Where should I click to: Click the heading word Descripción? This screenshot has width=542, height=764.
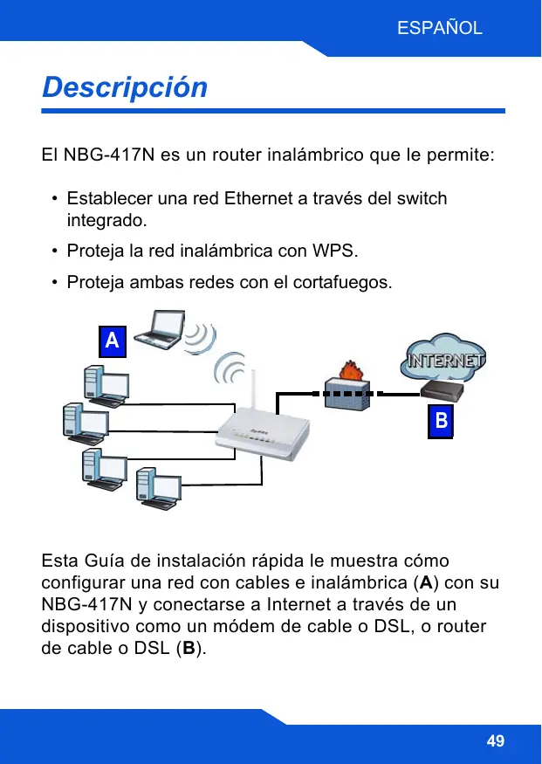tap(125, 88)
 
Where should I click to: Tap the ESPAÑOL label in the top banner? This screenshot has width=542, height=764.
tap(439, 28)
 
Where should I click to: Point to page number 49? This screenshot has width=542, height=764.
tap(495, 741)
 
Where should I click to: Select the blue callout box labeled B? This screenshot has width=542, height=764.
tap(442, 422)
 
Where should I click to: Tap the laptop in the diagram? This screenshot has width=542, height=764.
tap(163, 331)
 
